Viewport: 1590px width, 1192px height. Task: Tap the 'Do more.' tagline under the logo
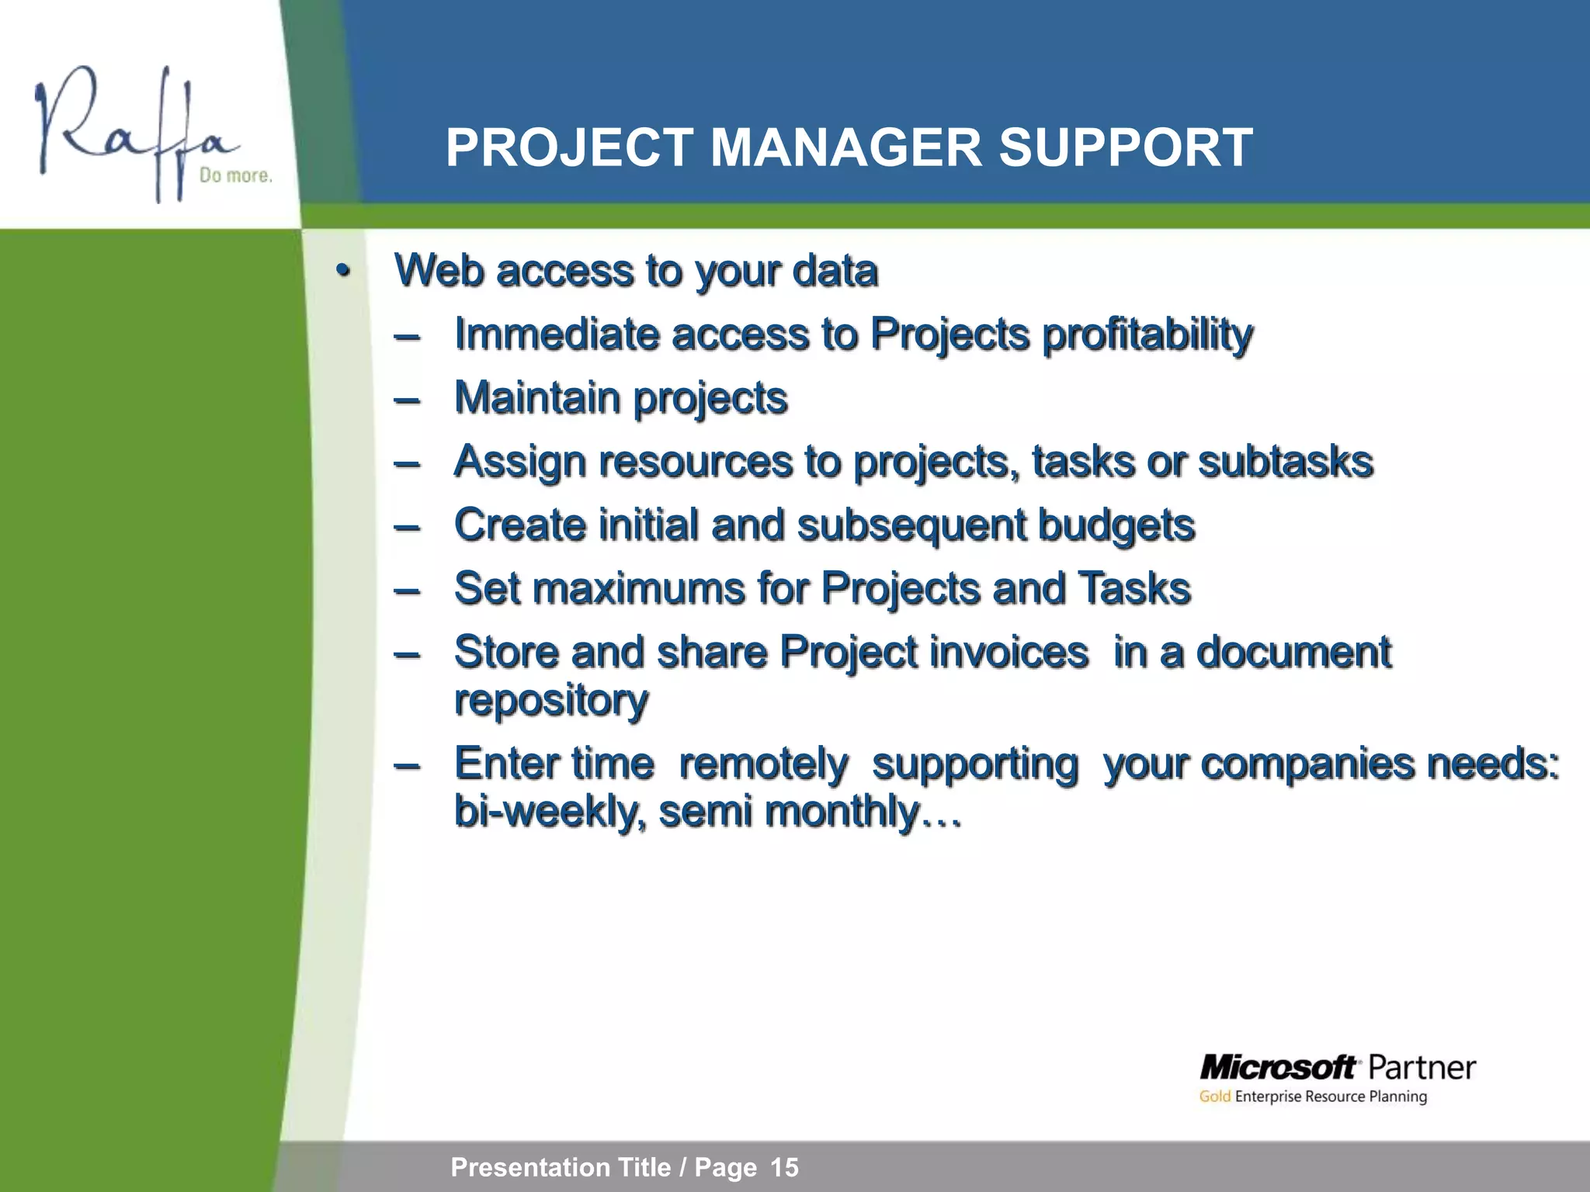pos(236,175)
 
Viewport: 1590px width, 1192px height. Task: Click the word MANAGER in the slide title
pos(846,147)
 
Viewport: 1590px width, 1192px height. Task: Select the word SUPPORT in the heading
pos(1125,147)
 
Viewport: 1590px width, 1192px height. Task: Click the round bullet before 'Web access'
pos(342,272)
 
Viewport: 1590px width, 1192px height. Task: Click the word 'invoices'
pos(1009,652)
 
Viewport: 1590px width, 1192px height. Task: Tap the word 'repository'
pos(551,701)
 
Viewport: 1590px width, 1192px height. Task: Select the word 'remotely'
pos(763,764)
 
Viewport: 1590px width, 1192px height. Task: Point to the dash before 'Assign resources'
pos(407,463)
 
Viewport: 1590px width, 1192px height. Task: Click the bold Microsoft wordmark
pos(1278,1068)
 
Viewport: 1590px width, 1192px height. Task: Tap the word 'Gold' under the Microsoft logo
pos(1214,1097)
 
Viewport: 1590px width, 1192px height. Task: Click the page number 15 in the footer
pos(784,1167)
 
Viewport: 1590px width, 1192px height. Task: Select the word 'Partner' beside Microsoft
pos(1421,1068)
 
